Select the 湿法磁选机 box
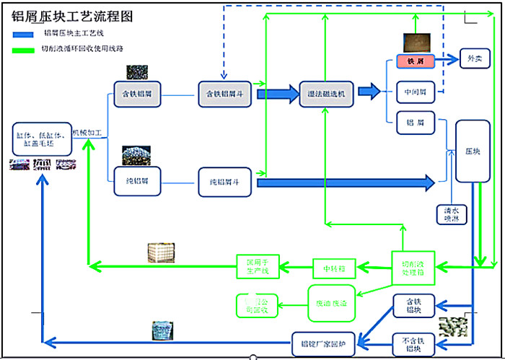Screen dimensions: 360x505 point(326,94)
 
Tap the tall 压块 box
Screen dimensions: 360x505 point(473,152)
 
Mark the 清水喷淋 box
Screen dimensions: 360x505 point(452,214)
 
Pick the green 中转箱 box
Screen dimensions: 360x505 point(334,269)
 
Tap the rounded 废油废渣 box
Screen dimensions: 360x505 point(331,304)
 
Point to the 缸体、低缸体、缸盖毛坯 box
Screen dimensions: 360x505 point(41,139)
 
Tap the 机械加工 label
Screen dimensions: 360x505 point(90,133)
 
